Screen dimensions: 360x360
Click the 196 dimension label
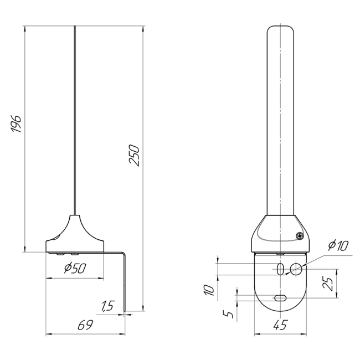click(x=16, y=124)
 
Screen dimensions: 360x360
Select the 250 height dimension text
click(x=134, y=156)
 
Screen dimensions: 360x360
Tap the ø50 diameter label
click(x=75, y=268)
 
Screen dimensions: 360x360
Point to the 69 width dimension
click(x=85, y=325)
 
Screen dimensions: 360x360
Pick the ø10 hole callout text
click(x=338, y=245)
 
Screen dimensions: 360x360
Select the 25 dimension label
click(x=328, y=284)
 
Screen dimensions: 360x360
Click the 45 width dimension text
click(x=281, y=325)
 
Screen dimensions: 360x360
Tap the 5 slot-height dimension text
click(x=228, y=314)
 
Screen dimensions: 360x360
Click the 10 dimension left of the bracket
click(x=209, y=290)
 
